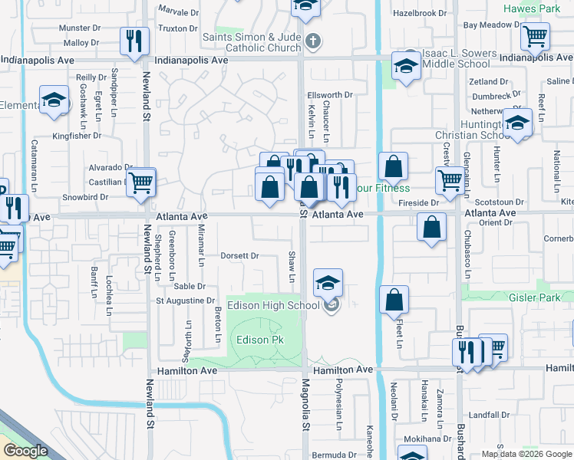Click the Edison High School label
[x=272, y=305]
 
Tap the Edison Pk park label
[x=252, y=340]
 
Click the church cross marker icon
[x=311, y=40]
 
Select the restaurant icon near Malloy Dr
[x=135, y=40]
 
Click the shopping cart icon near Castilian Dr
[x=140, y=182]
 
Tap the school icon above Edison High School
[x=328, y=284]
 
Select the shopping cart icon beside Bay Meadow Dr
[x=535, y=35]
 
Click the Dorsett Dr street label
[x=239, y=255]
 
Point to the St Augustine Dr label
[x=181, y=301]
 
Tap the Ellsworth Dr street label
[x=329, y=95]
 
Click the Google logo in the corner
[x=25, y=451]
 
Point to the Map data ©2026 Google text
[x=526, y=454]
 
